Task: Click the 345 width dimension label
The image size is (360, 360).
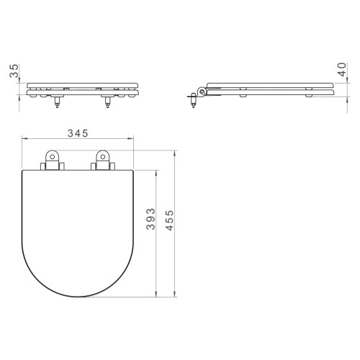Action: click(x=78, y=133)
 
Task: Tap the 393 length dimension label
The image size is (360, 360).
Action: click(x=150, y=219)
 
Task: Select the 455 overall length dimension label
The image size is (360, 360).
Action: click(x=169, y=220)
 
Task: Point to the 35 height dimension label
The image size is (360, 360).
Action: click(x=14, y=71)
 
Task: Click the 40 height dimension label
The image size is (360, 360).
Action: click(x=342, y=69)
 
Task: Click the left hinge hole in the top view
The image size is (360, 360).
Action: click(x=52, y=157)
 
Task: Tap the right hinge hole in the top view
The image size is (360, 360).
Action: click(x=103, y=157)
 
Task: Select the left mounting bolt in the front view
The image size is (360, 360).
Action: click(x=57, y=102)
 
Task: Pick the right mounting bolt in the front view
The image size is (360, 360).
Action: click(x=107, y=102)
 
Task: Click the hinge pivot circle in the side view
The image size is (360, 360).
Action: click(x=202, y=91)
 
